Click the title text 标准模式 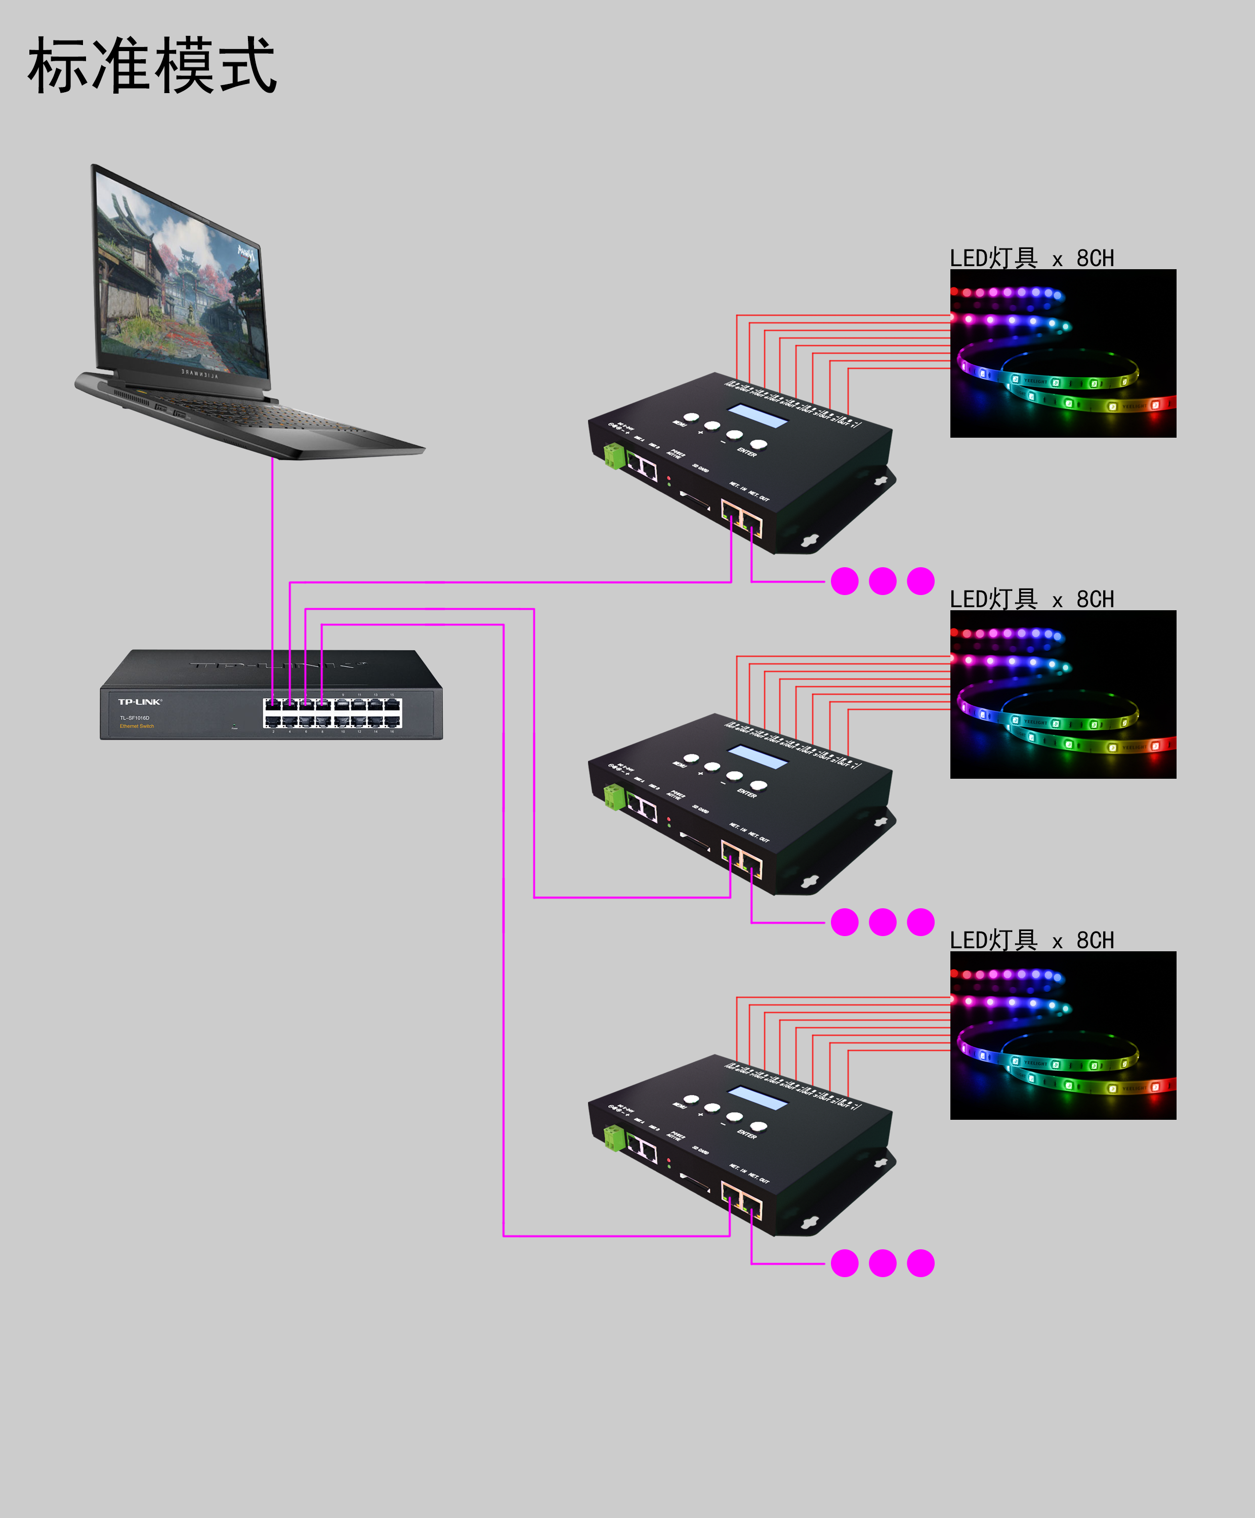tap(152, 66)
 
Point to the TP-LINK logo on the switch tap(140, 702)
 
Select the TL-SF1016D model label tap(135, 718)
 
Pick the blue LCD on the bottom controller tap(758, 1098)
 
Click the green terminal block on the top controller tap(614, 456)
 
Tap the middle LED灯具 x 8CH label tap(1032, 599)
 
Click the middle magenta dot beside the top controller tap(883, 581)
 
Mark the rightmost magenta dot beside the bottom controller tap(921, 1263)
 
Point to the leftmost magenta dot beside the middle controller tap(845, 922)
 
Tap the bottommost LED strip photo tap(1063, 1035)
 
